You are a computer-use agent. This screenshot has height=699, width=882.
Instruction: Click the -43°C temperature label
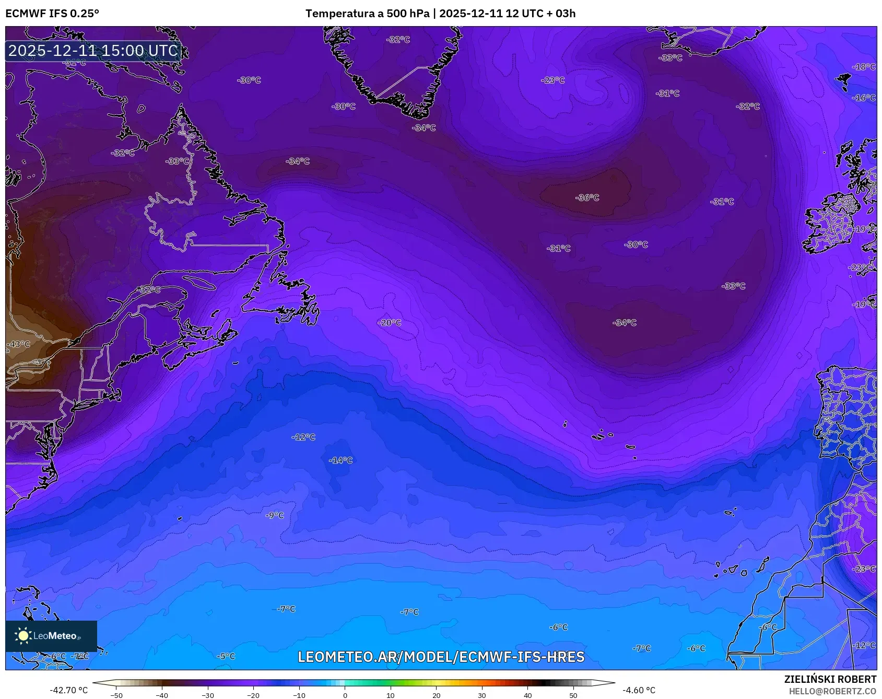(18, 344)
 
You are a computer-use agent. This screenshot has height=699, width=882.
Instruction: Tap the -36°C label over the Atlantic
(587, 197)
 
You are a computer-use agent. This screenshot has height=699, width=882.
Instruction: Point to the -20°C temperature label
(390, 323)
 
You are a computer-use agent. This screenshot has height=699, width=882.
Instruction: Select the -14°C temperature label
(340, 460)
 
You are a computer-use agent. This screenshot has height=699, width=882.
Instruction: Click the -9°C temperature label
(275, 515)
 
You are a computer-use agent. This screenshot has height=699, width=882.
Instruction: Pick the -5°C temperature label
(226, 656)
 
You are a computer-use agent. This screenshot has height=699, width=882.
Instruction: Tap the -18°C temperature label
(864, 67)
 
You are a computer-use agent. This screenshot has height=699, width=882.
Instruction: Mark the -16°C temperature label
(864, 98)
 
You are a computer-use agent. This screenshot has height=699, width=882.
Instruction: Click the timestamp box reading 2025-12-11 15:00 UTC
(93, 51)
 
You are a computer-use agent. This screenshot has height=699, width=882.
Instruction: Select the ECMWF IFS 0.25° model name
(52, 14)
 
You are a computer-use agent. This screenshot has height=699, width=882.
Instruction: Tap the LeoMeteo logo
(51, 636)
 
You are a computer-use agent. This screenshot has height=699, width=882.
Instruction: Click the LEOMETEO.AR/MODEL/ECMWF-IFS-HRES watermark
(441, 657)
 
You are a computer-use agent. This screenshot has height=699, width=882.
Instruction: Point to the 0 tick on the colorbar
(345, 695)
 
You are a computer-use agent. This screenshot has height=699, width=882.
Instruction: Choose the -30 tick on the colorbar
(208, 695)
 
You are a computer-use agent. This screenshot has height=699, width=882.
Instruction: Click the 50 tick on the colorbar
(573, 695)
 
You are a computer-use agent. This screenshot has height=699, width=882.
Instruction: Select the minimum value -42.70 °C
(68, 690)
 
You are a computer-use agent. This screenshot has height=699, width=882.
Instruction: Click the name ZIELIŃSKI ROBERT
(830, 679)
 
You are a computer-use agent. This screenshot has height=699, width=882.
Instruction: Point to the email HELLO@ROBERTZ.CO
(832, 691)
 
